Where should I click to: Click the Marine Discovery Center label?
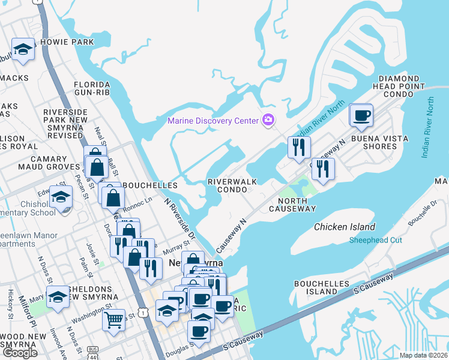pos(213,121)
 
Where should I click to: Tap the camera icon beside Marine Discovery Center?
pos(268,121)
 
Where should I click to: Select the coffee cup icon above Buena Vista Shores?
pos(361,115)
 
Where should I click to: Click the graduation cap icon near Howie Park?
pos(23,50)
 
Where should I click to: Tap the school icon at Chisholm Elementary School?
pos(61,197)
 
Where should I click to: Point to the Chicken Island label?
pos(345,227)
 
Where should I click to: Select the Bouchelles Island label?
pos(316,287)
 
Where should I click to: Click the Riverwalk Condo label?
pos(228,185)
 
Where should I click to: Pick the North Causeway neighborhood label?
pos(292,204)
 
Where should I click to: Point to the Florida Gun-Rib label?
pos(92,89)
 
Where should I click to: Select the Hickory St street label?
pos(10,303)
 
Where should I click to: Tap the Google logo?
pos(19,352)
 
